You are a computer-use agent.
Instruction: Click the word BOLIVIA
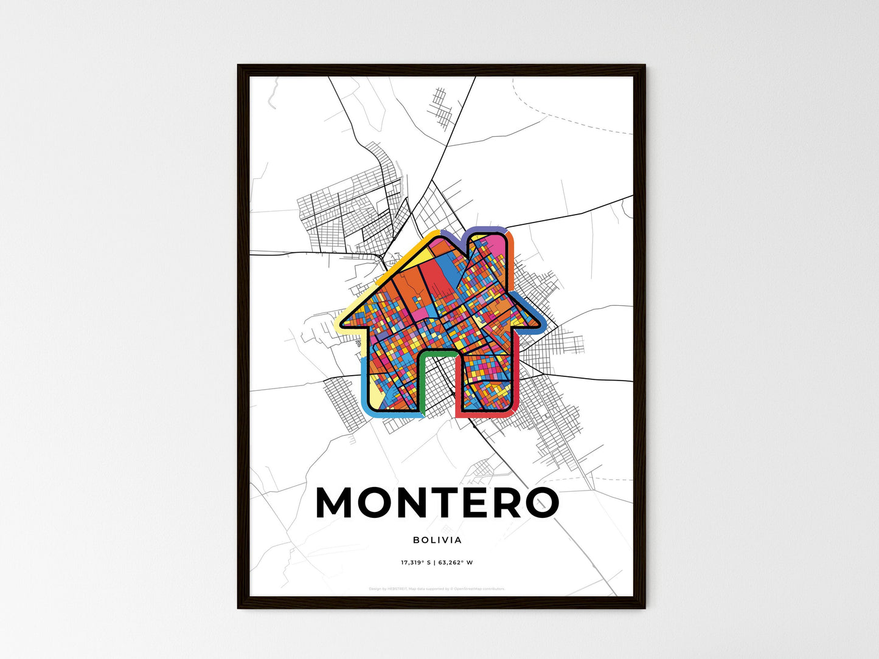click(437, 540)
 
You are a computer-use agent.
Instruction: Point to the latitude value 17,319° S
click(415, 563)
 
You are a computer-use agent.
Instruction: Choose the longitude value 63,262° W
click(455, 563)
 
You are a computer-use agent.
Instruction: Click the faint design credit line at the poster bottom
click(437, 588)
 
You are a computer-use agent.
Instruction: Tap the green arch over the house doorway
click(437, 354)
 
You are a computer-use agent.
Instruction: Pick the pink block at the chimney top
click(498, 243)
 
